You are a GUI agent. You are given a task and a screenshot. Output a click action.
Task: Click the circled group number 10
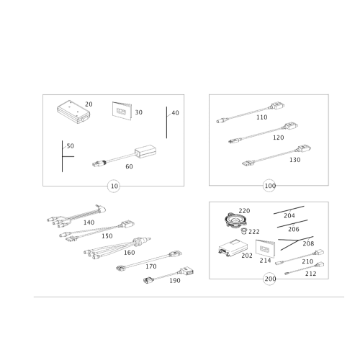coord(114,186)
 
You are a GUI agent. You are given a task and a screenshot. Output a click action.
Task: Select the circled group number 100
coord(269,186)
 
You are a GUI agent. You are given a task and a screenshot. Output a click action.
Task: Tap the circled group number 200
coord(270,279)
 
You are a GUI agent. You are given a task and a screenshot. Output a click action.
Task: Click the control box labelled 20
coord(73,112)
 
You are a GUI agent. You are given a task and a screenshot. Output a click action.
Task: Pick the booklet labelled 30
coord(122,111)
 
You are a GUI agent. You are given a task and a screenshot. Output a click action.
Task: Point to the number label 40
coord(175,113)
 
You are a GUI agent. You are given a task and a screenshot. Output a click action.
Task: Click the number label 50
coord(70,146)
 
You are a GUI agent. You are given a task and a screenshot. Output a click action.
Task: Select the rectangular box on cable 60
coord(145,151)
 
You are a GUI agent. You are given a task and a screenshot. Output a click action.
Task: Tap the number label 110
coord(261,117)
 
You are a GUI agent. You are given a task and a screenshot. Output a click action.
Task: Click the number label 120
coord(279,138)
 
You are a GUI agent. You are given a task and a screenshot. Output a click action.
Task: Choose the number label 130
coord(295,160)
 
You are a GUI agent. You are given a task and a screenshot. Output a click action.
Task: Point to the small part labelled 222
coord(244,231)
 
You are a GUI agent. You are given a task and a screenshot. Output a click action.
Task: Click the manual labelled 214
coord(265,248)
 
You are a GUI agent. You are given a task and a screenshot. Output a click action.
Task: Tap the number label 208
coord(308,243)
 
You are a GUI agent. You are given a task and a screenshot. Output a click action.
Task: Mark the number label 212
coord(310,274)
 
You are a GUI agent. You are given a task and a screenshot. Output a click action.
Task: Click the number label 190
coord(175,281)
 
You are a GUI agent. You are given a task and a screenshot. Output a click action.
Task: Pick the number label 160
coord(129,253)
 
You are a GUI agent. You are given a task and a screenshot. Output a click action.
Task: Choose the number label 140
coord(89,222)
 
